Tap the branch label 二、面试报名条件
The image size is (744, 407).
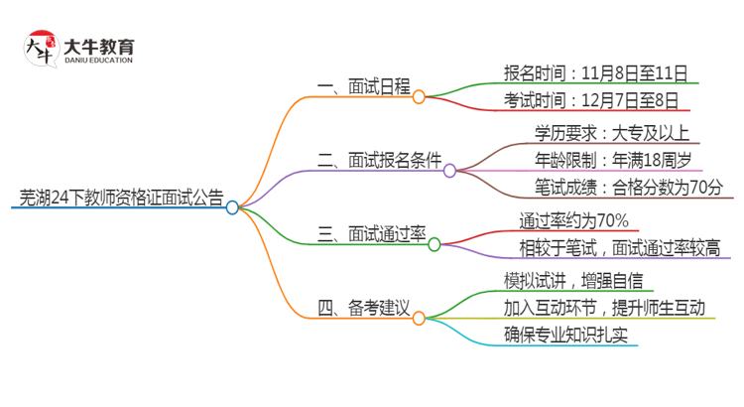tap(379, 159)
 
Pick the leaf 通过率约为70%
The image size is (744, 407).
tap(572, 220)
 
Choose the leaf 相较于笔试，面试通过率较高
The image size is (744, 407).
tap(619, 247)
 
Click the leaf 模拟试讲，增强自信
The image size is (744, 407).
tap(572, 280)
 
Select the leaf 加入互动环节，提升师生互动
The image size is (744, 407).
tap(604, 308)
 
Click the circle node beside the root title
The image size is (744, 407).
tap(232, 207)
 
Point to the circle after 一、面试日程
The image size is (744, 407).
tap(419, 96)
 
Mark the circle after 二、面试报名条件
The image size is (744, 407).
tap(449, 171)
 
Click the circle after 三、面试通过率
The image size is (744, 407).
tap(434, 244)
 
